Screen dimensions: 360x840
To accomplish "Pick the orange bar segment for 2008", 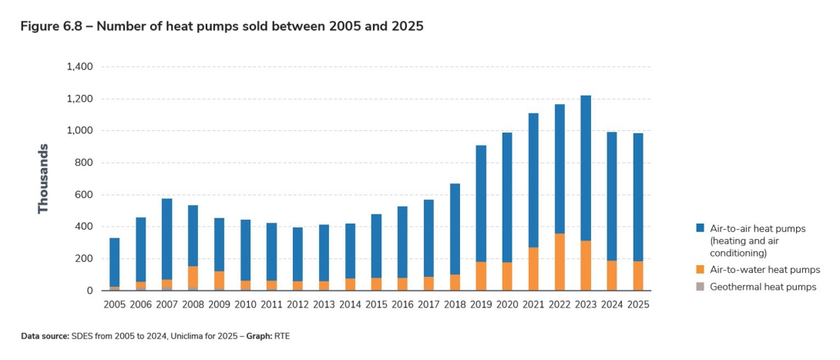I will pyautogui.click(x=193, y=277).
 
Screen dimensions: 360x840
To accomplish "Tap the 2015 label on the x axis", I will pyautogui.click(x=376, y=304).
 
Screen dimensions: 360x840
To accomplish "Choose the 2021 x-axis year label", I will pyautogui.click(x=533, y=304).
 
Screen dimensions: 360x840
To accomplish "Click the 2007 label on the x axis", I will pyautogui.click(x=166, y=304).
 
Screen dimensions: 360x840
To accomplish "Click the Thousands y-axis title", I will pyautogui.click(x=43, y=179).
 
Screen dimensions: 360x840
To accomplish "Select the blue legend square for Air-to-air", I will pyautogui.click(x=700, y=228).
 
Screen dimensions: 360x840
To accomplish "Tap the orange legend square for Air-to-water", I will pyautogui.click(x=700, y=270).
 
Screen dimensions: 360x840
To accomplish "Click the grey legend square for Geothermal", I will pyautogui.click(x=700, y=287).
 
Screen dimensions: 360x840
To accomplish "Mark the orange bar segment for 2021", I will pyautogui.click(x=533, y=269).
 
